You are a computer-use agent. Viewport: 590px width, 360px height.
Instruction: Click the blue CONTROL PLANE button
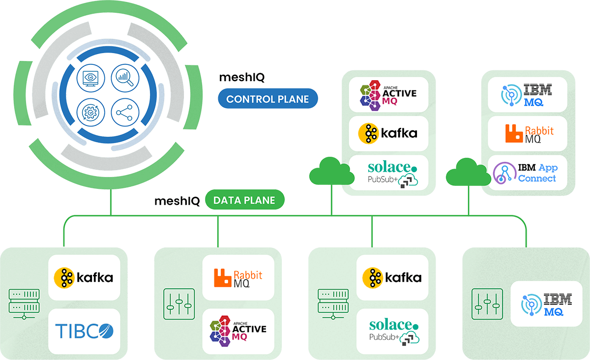tap(267, 99)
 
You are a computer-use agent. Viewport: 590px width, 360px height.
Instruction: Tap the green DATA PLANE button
tap(244, 200)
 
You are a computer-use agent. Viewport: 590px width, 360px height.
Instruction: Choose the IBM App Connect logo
tap(527, 173)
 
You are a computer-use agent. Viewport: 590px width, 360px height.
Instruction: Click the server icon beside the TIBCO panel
tap(24, 303)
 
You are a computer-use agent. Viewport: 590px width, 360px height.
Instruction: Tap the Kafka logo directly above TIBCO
tap(84, 277)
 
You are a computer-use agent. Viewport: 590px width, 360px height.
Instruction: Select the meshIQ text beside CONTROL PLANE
tap(241, 77)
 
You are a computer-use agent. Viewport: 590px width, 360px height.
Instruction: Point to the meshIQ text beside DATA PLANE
tap(177, 201)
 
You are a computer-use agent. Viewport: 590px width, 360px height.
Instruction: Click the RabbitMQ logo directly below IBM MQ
tap(528, 133)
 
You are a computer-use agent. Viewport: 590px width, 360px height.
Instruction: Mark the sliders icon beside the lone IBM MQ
tap(486, 303)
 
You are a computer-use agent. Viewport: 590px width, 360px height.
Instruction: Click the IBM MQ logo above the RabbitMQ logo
tap(527, 94)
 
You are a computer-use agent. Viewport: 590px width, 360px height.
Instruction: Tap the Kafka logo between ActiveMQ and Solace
tap(388, 133)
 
